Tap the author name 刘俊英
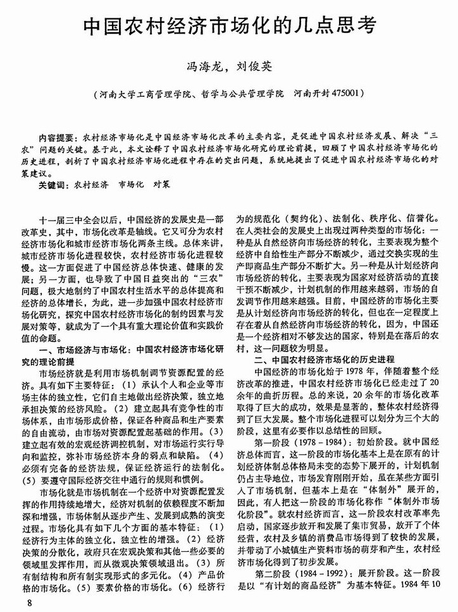coord(257,64)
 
